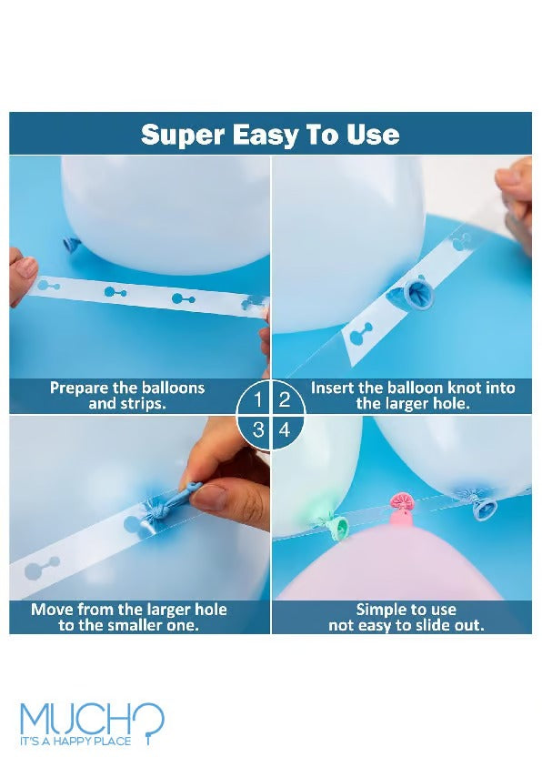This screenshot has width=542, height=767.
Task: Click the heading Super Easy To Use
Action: point(270,134)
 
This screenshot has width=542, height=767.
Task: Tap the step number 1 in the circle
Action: point(258,400)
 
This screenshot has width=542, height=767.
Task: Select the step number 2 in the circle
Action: point(284,400)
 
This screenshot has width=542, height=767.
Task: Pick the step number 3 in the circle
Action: point(258,430)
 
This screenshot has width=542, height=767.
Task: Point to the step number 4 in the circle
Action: point(285,430)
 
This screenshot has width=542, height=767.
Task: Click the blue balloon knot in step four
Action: point(484,506)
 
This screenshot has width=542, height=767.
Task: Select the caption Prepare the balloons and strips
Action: point(127,396)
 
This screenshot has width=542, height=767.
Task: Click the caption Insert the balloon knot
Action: point(413,396)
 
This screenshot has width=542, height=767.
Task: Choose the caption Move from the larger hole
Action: point(128,617)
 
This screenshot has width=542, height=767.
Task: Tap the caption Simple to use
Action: point(406,617)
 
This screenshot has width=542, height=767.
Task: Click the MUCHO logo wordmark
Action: point(92,718)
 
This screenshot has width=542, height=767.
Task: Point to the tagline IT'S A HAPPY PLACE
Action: point(75,742)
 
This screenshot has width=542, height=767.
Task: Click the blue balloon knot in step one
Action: point(71,245)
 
